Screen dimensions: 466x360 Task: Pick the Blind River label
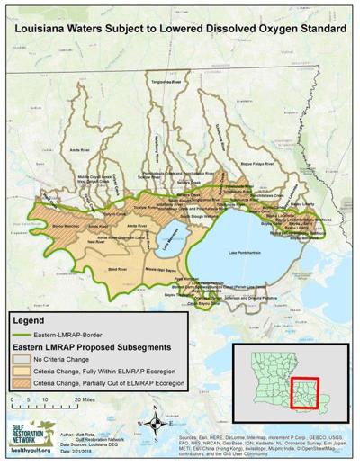pos(115,267)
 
